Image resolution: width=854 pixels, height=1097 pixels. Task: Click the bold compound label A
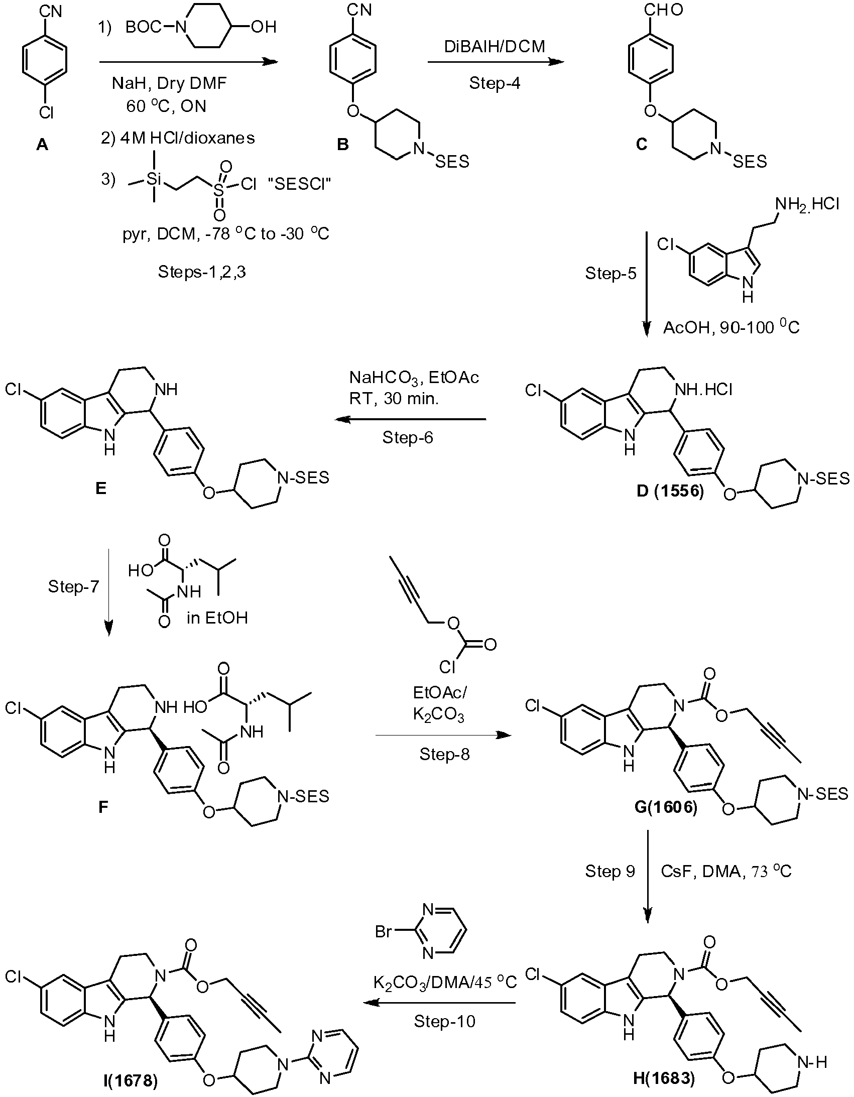[x=43, y=145]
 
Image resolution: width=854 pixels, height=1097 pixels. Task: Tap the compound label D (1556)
[x=671, y=491]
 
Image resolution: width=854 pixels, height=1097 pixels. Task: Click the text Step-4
[x=495, y=83]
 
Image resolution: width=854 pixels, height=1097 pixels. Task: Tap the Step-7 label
[x=74, y=586]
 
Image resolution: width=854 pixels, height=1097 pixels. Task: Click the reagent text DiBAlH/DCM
[x=495, y=46]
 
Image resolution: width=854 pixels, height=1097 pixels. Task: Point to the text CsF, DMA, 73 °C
[x=726, y=871]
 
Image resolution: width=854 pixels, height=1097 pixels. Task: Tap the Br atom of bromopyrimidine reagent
[x=384, y=932]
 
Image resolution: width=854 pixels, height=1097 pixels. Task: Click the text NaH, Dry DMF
[x=169, y=83]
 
